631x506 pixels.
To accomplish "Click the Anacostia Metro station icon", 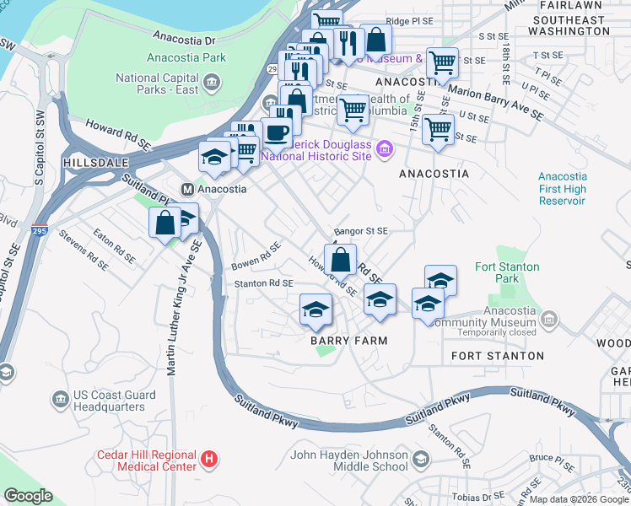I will click(188, 189).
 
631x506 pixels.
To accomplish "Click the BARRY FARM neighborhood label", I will click(348, 341).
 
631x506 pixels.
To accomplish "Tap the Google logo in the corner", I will click(28, 496).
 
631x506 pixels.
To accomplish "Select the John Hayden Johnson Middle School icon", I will click(420, 459).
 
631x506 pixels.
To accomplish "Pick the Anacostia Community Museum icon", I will click(549, 320).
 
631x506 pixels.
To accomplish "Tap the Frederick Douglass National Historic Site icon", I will click(386, 150).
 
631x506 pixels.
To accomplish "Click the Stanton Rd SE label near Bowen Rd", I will click(263, 284).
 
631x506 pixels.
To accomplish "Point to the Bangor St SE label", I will click(360, 230).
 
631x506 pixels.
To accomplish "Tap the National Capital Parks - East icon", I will click(211, 83).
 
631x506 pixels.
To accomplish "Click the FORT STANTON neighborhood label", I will click(498, 356).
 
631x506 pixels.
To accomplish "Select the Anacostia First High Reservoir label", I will click(562, 189).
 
